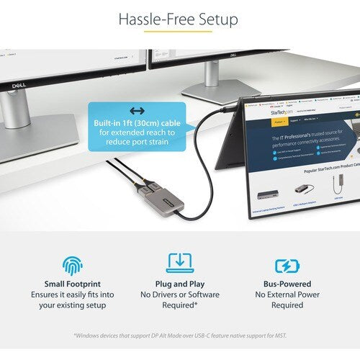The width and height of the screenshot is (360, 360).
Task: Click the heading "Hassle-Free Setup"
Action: point(179,19)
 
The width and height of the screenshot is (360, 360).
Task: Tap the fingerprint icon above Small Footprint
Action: point(72,264)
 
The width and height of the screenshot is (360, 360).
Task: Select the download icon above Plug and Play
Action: point(179,264)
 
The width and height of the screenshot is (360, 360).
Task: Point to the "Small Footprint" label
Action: point(72,284)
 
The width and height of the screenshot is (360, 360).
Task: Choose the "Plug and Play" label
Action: point(179,284)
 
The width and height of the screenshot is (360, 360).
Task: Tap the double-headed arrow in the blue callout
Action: point(136,111)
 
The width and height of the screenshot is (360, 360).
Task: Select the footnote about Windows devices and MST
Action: point(180,335)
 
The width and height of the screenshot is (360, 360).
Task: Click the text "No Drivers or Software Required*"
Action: point(179,300)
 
